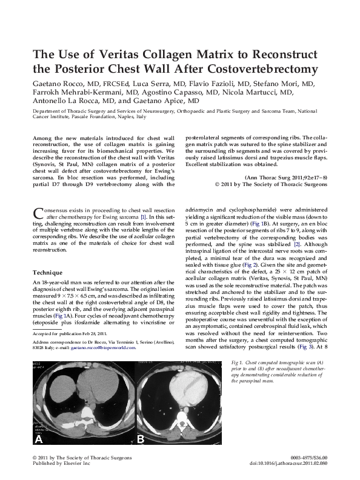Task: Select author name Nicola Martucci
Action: pos(264,92)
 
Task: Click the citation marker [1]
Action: pos(142,216)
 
